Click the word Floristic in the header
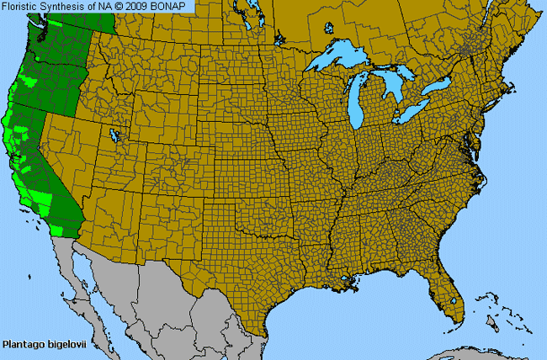(x=23, y=8)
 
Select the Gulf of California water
(x=97, y=282)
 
